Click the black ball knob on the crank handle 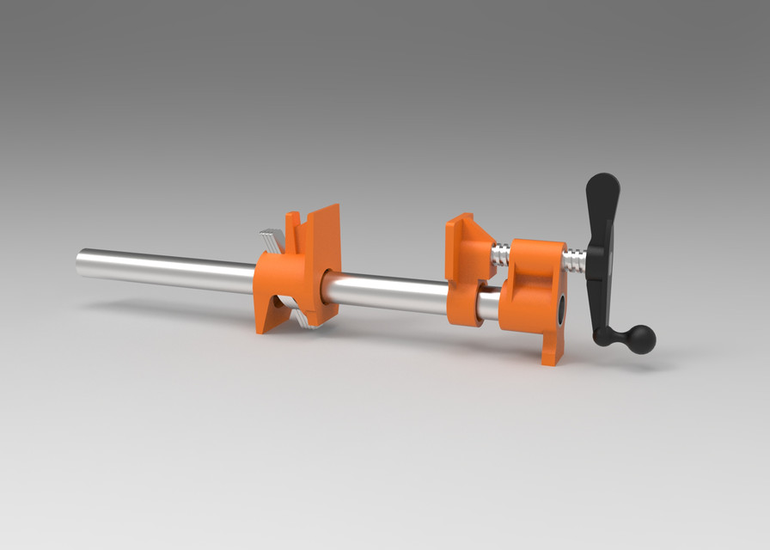coord(639,339)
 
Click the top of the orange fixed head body coord(533,245)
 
